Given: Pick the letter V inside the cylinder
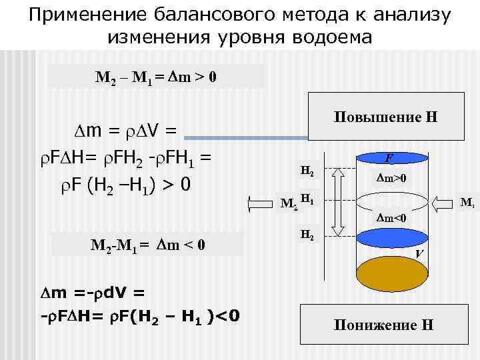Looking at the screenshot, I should tap(418, 254).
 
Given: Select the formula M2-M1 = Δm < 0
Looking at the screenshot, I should tap(148, 246).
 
